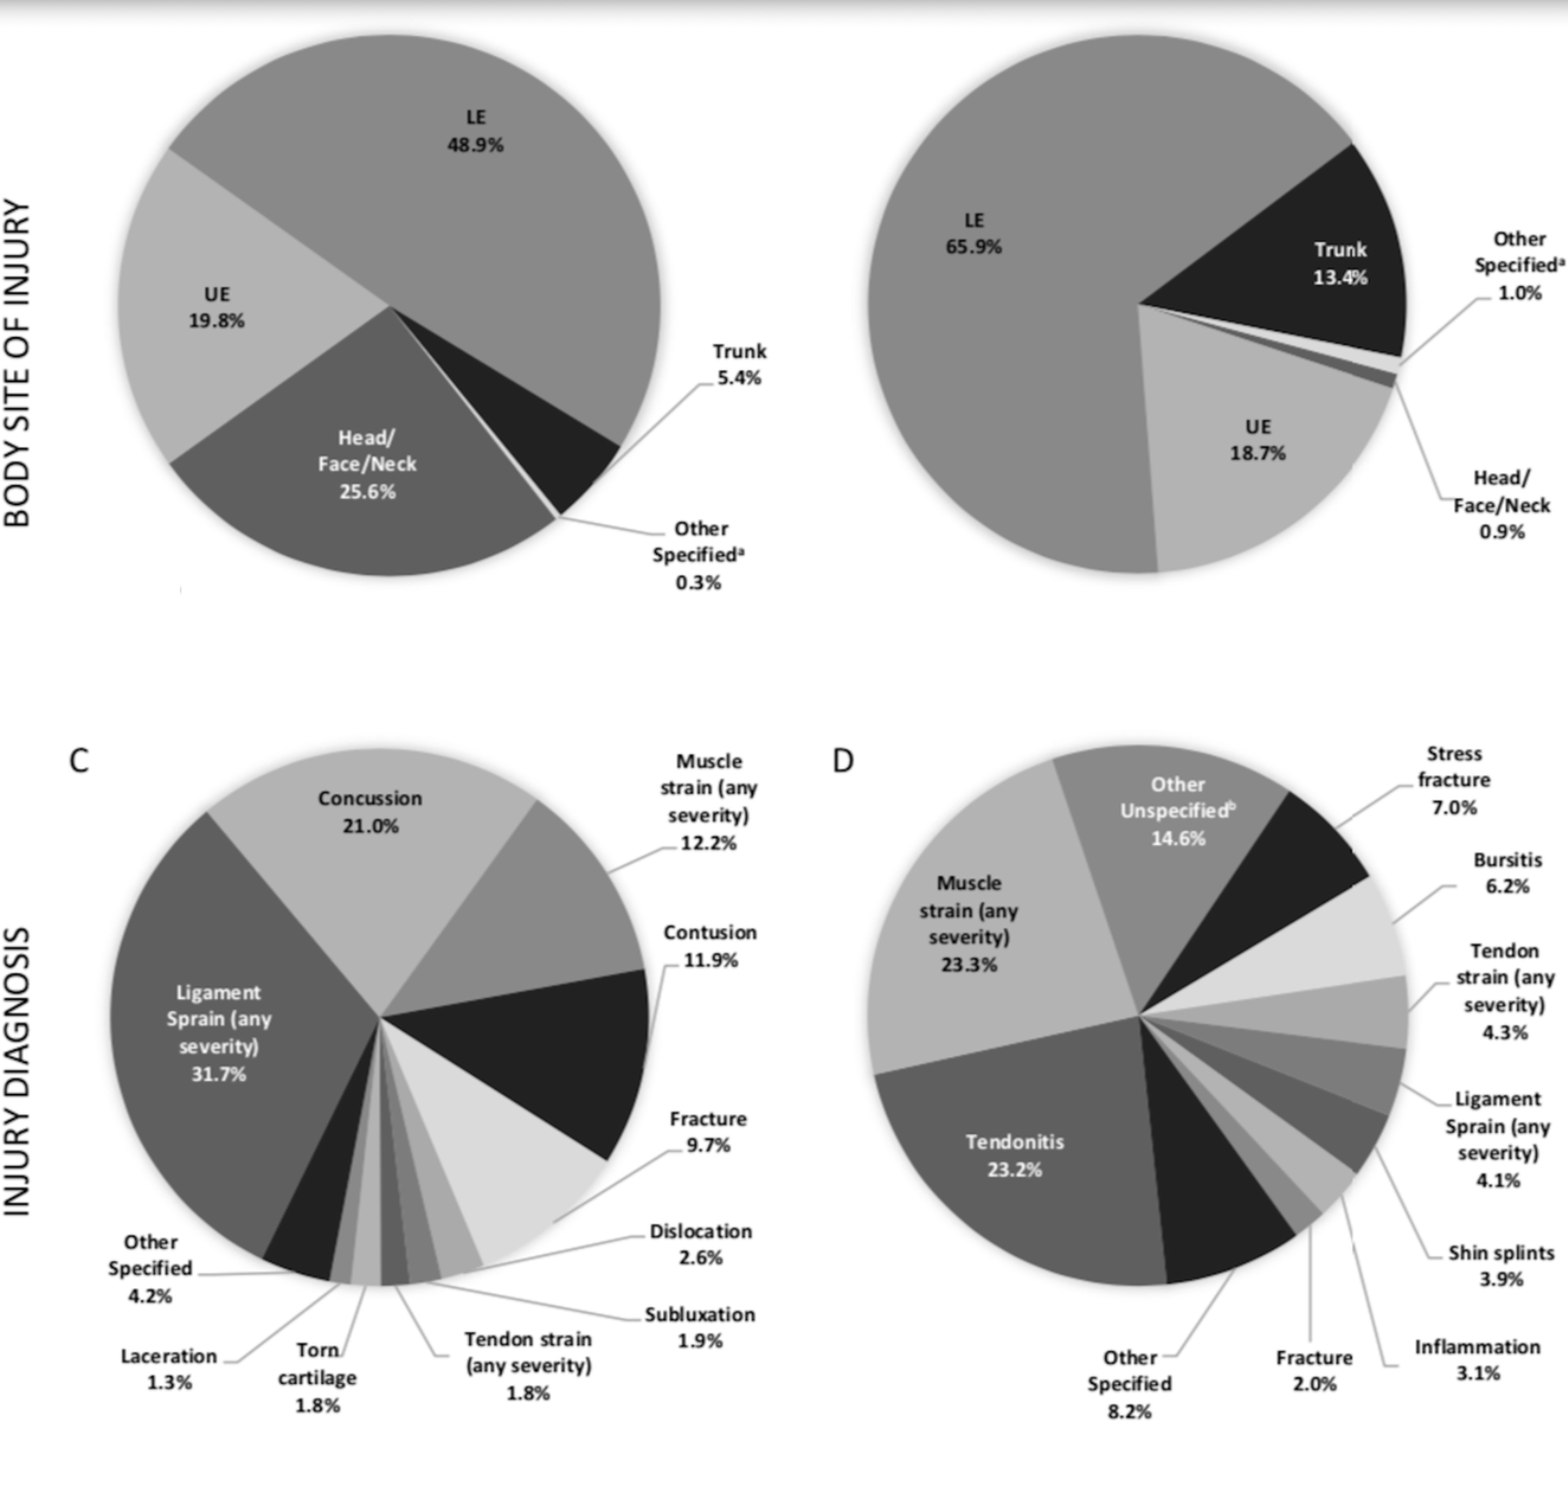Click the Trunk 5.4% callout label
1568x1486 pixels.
739,364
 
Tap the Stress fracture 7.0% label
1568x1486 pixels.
1454,780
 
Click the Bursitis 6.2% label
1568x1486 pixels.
1508,872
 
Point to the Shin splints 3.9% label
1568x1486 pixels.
1501,1265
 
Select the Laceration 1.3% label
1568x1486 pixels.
169,1369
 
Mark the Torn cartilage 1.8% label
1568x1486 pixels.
317,1377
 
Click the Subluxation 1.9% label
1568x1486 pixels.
700,1326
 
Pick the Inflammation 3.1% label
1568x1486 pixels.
1476,1359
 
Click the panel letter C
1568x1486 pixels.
79,760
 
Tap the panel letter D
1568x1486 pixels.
843,760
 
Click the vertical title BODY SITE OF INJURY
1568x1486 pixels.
19,363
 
